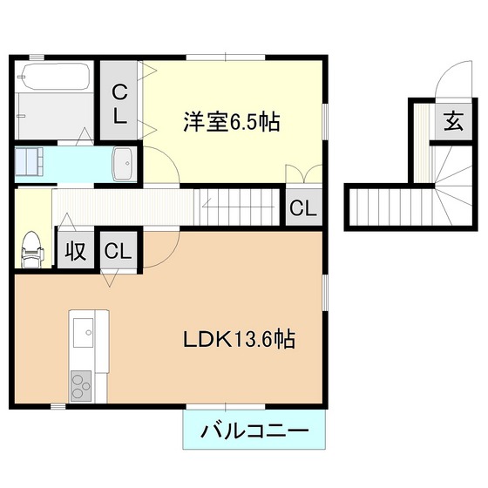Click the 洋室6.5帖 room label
[x=232, y=121]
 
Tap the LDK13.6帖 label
[x=239, y=339]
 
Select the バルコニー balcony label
[x=254, y=430]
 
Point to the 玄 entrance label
[x=453, y=121]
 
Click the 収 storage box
[x=76, y=250]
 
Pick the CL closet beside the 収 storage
[x=119, y=250]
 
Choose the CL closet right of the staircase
[x=303, y=207]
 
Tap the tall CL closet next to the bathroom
[x=119, y=100]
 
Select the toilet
[x=31, y=249]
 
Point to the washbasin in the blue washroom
[x=125, y=164]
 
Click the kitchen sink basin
[x=83, y=333]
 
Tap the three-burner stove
[x=81, y=386]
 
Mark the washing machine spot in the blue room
[x=29, y=161]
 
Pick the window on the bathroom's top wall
[x=37, y=58]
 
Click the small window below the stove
[x=58, y=406]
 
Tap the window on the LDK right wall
[x=325, y=293]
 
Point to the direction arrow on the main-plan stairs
[x=238, y=204]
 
